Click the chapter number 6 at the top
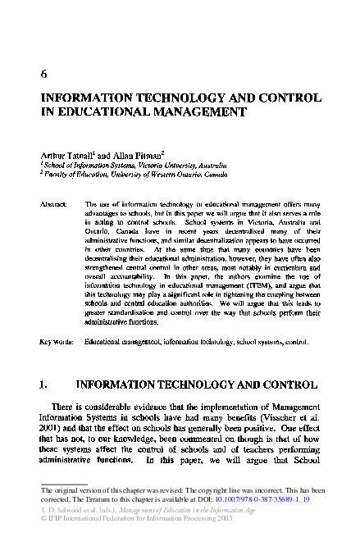pos(43,73)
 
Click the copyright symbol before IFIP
pos(43,521)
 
